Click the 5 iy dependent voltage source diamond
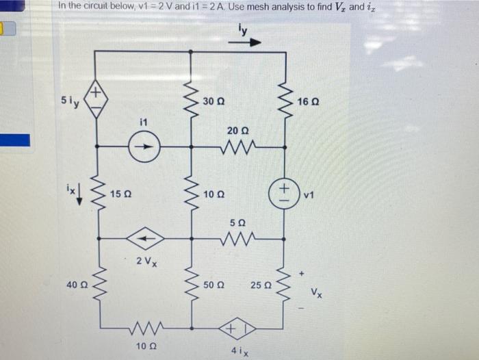pos(96,101)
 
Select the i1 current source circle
pos(145,145)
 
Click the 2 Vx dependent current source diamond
pos(145,238)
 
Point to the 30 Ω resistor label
pos(212,102)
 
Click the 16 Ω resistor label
pos(307,102)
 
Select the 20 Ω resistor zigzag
pos(237,145)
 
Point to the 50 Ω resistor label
pos(212,283)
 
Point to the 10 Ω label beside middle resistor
pos(212,195)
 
